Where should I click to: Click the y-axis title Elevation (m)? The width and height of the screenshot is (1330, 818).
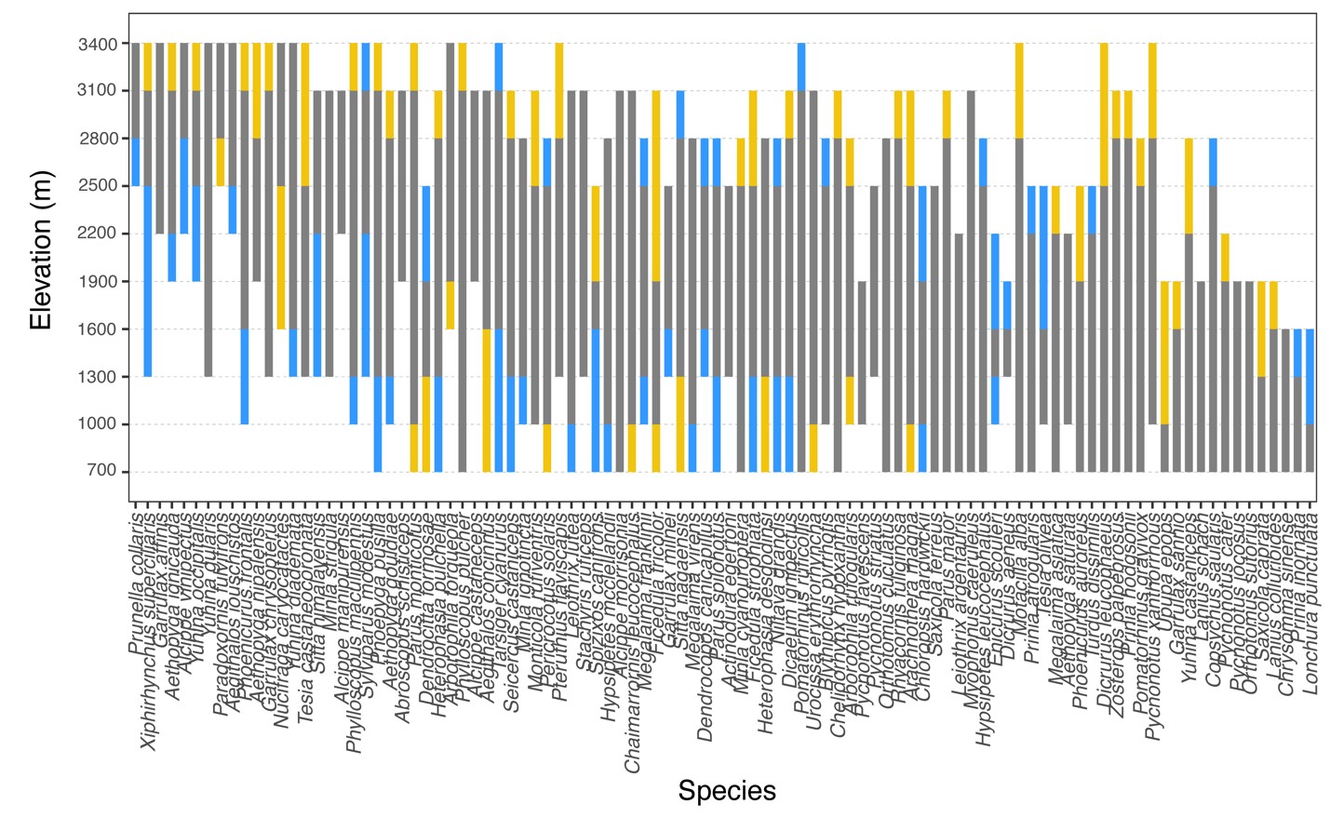pyautogui.click(x=41, y=249)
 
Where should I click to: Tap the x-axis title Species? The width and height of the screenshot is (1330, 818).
pyautogui.click(x=726, y=791)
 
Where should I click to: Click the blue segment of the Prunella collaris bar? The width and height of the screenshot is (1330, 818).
pyautogui.click(x=136, y=161)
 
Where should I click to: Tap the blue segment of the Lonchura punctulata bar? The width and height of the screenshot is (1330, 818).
pyautogui.click(x=1310, y=376)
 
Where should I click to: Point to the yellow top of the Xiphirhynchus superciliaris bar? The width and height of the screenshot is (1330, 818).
pyautogui.click(x=148, y=66)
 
